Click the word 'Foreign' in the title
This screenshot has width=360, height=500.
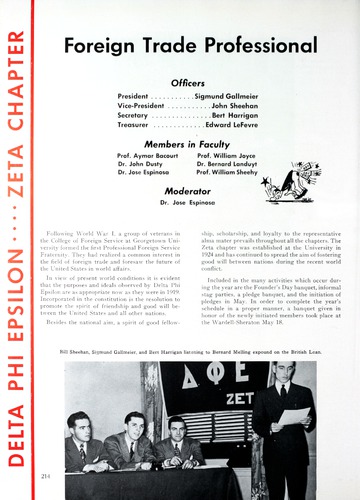coord(99,45)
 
